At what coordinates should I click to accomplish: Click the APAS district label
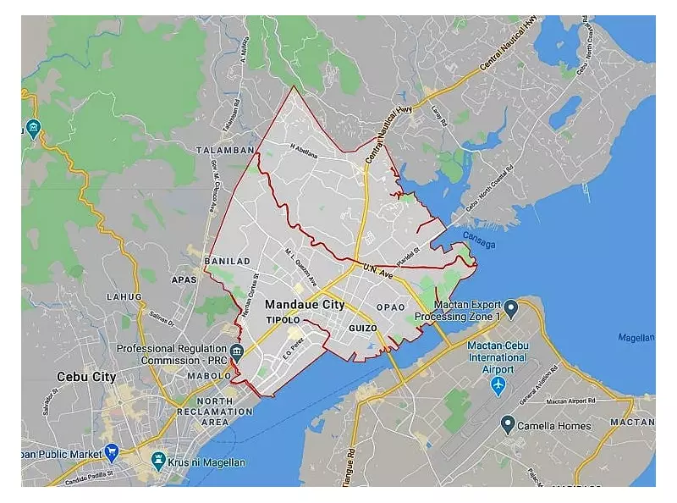[x=184, y=278]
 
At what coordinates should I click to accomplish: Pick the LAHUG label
[x=124, y=296]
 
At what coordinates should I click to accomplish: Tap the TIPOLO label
[x=283, y=320]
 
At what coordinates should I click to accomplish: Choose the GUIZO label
[x=362, y=327]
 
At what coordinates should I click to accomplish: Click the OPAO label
[x=391, y=307]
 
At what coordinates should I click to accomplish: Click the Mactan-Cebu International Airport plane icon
[x=498, y=385]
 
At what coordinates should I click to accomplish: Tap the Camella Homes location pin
[x=508, y=424]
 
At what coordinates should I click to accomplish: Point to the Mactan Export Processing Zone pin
[x=511, y=305]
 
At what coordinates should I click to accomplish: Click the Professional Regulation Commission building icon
[x=236, y=351]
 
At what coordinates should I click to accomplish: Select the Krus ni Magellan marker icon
[x=157, y=461]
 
